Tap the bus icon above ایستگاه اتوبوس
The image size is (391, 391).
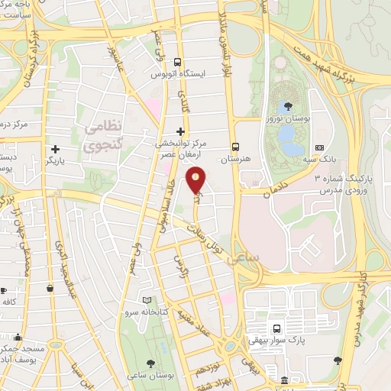pos(178,63)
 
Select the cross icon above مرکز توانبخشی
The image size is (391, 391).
pos(180,131)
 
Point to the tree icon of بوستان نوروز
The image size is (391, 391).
pos(288,106)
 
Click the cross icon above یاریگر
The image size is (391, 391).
pos(54,149)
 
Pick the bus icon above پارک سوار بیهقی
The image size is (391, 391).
pos(276,328)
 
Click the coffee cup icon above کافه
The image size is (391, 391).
pos(3,290)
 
